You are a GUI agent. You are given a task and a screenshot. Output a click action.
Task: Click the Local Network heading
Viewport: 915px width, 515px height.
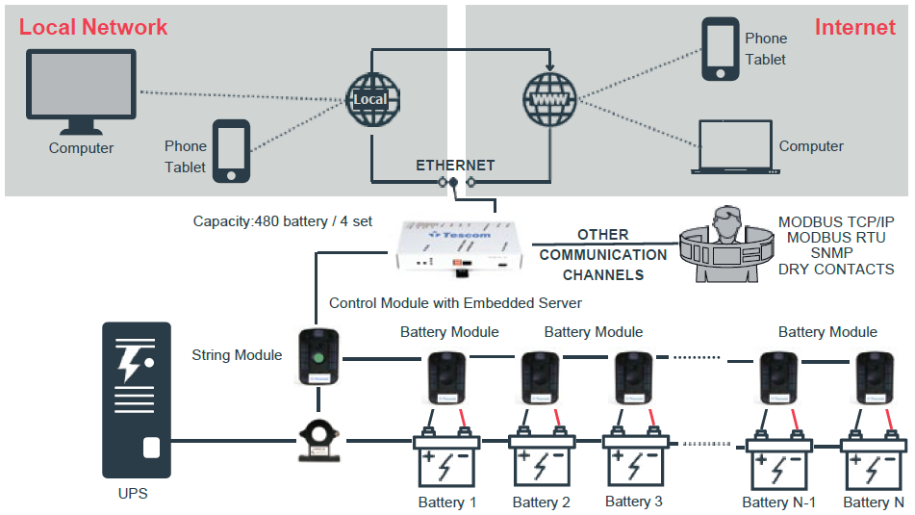pyautogui.click(x=93, y=27)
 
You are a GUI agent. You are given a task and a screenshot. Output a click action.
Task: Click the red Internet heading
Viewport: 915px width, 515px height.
pyautogui.click(x=854, y=27)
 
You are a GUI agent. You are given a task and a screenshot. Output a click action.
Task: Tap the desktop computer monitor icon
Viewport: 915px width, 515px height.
pyautogui.click(x=81, y=93)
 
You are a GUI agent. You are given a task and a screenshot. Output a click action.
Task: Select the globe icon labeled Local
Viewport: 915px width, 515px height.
pyautogui.click(x=372, y=98)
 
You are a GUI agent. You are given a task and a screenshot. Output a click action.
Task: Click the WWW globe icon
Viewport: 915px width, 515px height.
pyautogui.click(x=549, y=98)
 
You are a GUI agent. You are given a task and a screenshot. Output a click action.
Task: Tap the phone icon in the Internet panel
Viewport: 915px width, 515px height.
pyautogui.click(x=721, y=50)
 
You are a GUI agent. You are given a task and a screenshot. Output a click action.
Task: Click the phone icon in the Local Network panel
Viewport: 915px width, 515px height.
pyautogui.click(x=231, y=151)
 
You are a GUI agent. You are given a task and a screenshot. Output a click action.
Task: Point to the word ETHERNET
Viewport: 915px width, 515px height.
pyautogui.click(x=455, y=166)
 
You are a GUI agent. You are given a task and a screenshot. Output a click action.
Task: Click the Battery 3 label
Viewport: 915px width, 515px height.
pyautogui.click(x=633, y=502)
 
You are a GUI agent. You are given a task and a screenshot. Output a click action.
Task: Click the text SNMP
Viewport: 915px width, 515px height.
pyautogui.click(x=835, y=252)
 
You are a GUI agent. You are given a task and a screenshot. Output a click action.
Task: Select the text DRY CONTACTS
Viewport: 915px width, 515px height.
pyautogui.click(x=836, y=269)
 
